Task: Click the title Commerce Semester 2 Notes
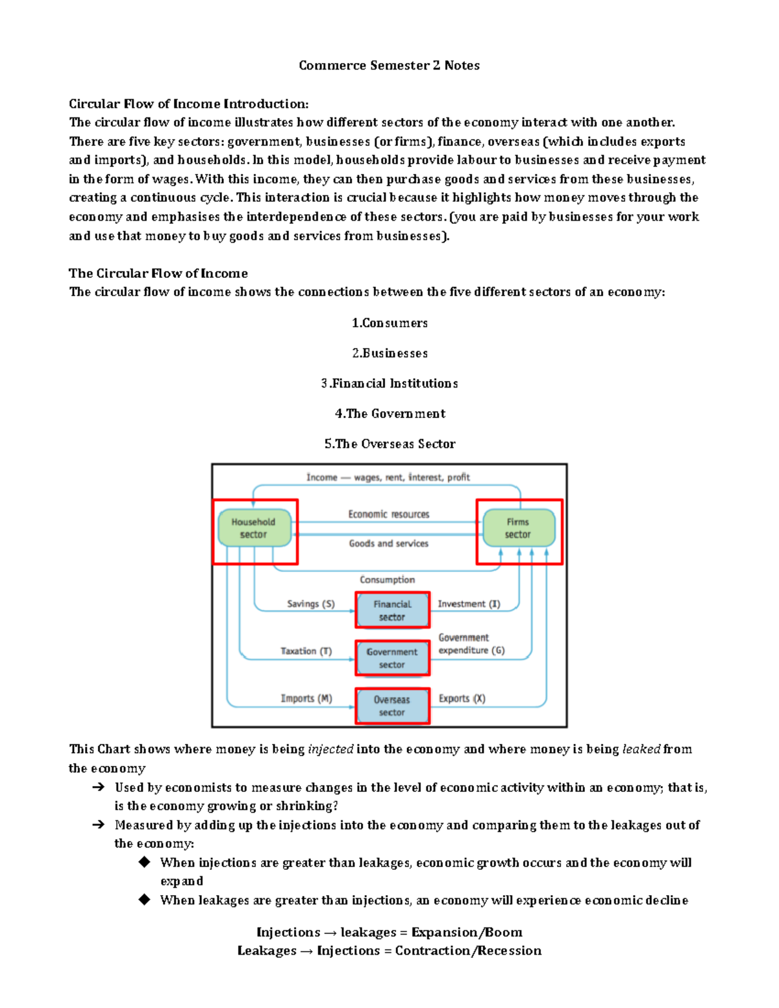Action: click(x=389, y=66)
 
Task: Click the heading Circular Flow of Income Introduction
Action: click(x=189, y=104)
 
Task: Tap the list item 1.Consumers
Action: click(x=389, y=323)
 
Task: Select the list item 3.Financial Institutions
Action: click(x=389, y=384)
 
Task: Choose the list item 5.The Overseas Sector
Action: click(x=389, y=444)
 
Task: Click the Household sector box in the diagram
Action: click(x=254, y=528)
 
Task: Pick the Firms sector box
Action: click(x=518, y=528)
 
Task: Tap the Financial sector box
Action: click(x=392, y=611)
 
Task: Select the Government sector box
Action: click(x=392, y=658)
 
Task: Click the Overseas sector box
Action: click(x=392, y=706)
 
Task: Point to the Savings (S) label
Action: click(x=311, y=604)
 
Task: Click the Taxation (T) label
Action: click(x=306, y=651)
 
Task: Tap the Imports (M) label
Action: click(x=306, y=698)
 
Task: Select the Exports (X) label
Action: click(x=462, y=698)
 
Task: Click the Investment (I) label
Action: click(x=469, y=604)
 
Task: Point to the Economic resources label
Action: click(x=389, y=514)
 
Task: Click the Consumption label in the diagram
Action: click(x=388, y=580)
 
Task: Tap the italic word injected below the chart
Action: click(x=330, y=750)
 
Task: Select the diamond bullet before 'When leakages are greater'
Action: click(x=144, y=900)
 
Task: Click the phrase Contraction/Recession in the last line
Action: click(x=468, y=951)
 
